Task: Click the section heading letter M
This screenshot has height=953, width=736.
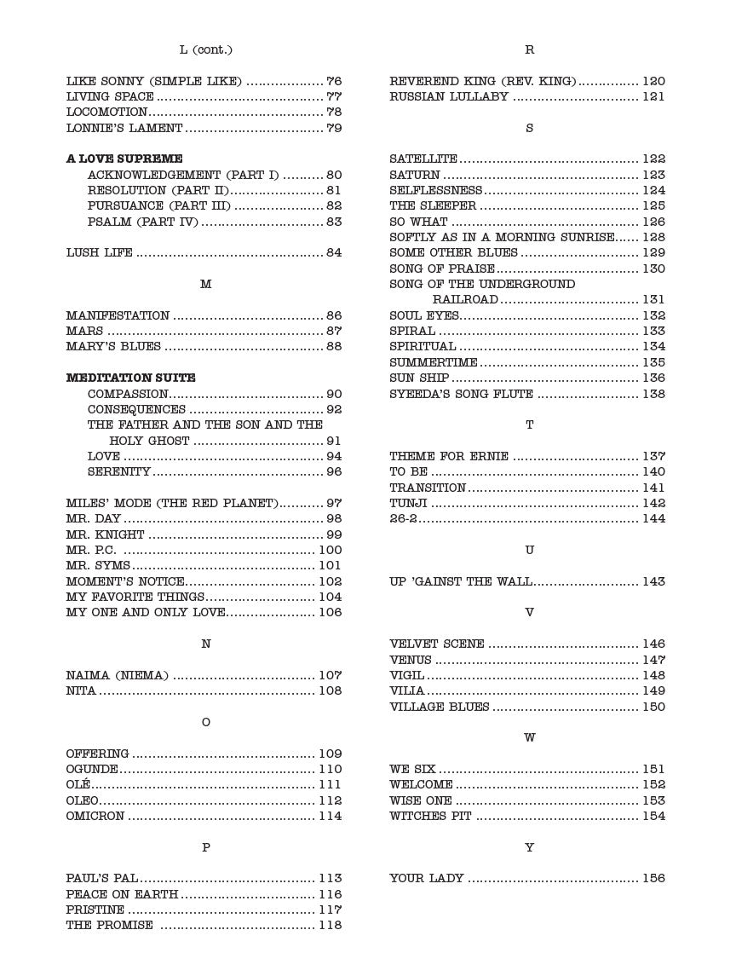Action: [x=205, y=284]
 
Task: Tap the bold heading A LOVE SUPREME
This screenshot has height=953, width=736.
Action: [x=124, y=159]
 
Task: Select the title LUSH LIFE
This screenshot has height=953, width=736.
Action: [x=100, y=253]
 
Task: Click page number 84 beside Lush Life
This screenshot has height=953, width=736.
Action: [x=334, y=253]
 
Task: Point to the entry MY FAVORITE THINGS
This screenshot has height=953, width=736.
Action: [x=135, y=598]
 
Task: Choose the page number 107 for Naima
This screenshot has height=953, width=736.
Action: [x=330, y=676]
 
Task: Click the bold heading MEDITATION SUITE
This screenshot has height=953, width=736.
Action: [x=131, y=378]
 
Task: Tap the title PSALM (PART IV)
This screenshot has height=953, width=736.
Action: [x=142, y=222]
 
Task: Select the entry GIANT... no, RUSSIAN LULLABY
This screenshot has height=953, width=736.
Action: [x=449, y=97]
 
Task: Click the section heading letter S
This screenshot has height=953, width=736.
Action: [x=529, y=128]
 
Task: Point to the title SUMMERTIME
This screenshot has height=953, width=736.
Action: [x=434, y=362]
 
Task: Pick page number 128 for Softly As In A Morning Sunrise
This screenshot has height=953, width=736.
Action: [x=653, y=238]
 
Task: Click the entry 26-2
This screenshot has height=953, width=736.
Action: [x=403, y=519]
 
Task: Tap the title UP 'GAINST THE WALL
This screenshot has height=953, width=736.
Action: [x=461, y=582]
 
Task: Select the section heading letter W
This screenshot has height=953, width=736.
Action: [x=529, y=738]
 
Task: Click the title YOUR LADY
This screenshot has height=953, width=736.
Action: [x=427, y=879]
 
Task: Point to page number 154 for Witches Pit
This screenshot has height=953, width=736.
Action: [x=653, y=817]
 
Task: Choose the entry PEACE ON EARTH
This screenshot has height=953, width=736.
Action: [x=122, y=895]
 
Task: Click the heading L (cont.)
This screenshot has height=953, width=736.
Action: [x=205, y=50]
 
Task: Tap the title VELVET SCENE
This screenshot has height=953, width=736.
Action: [x=437, y=644]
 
